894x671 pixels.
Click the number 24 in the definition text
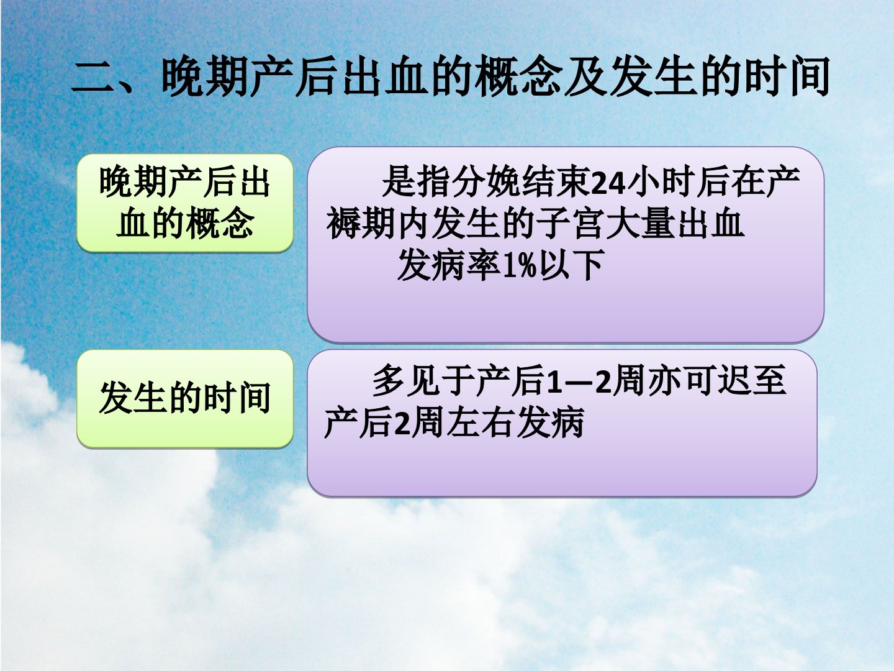click(607, 182)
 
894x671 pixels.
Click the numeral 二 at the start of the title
click(92, 78)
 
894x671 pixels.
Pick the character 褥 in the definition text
click(343, 224)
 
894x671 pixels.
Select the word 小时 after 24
click(660, 182)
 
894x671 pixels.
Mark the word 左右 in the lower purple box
click(481, 423)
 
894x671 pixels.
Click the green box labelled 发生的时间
click(185, 399)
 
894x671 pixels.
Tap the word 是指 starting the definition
click(416, 182)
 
